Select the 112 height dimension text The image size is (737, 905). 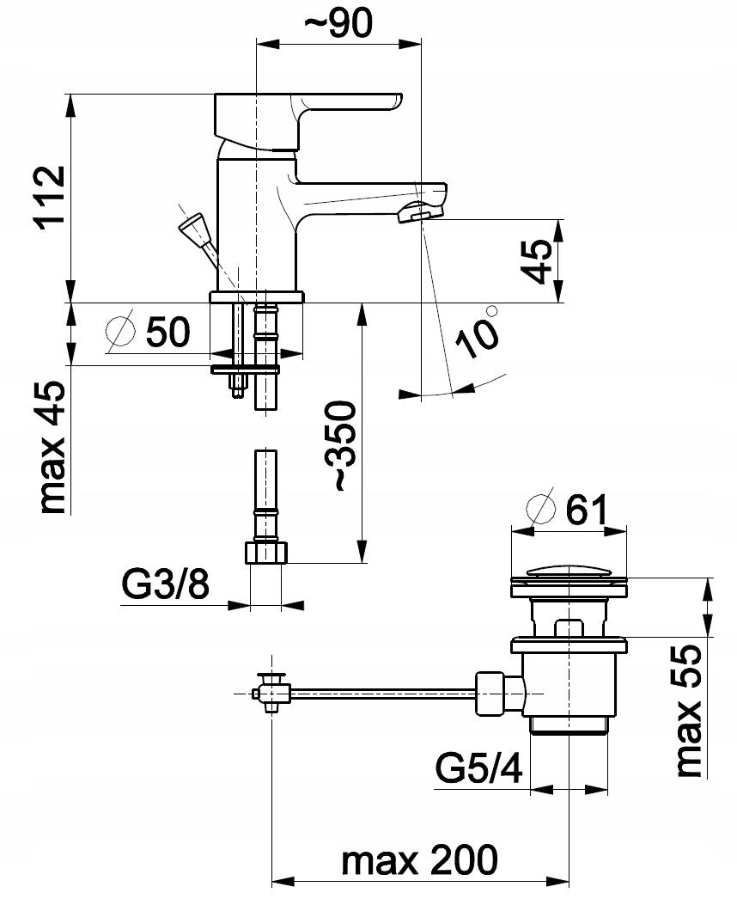click(50, 198)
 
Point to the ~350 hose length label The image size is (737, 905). click(342, 446)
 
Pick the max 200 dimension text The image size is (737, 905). click(419, 859)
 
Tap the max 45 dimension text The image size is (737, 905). click(50, 447)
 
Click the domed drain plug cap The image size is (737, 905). click(569, 572)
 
